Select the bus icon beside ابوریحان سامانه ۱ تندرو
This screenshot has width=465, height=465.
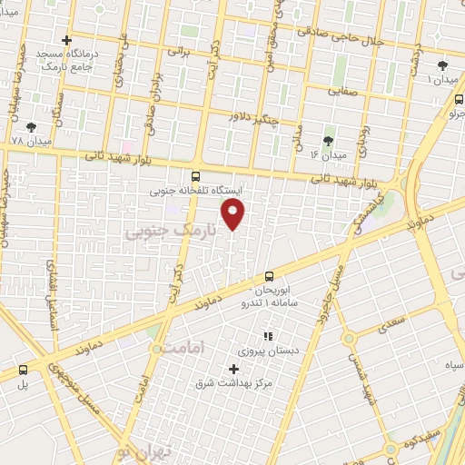click(269, 276)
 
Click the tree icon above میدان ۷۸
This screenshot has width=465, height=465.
click(33, 128)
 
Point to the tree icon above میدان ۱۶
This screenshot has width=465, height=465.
click(328, 141)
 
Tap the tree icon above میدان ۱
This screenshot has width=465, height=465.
click(442, 65)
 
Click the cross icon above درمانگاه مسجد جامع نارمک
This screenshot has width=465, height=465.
click(66, 40)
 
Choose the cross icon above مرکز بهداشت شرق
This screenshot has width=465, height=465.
click(234, 369)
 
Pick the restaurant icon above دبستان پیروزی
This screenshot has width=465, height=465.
click(267, 336)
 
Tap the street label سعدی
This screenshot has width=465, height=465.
click(393, 322)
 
